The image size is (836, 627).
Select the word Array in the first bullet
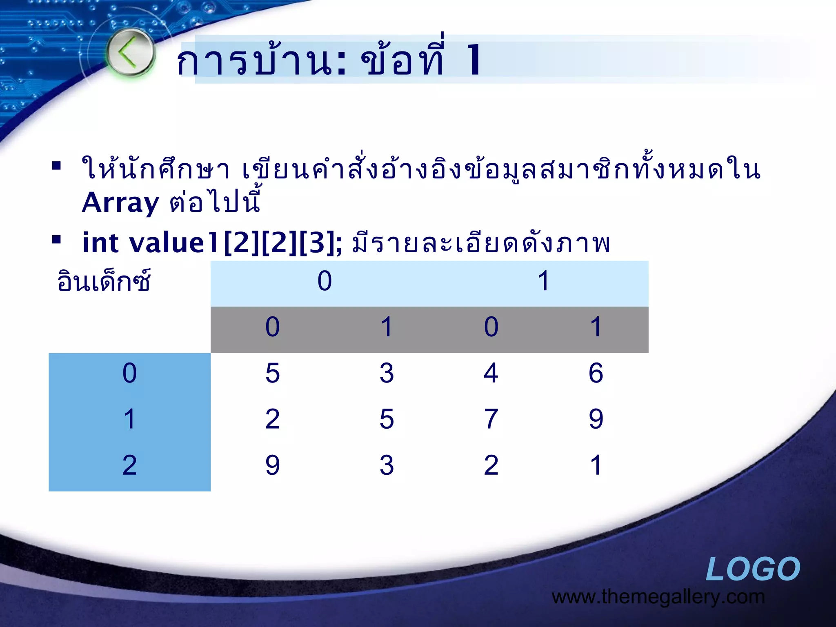[x=120, y=203]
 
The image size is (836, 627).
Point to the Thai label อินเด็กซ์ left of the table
[x=104, y=282]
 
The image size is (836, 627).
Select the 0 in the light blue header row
[x=325, y=281]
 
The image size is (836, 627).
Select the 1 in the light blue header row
[x=543, y=281]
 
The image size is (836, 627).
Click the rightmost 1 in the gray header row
[x=596, y=327]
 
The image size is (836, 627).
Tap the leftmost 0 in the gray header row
[x=272, y=327]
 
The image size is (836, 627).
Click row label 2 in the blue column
[x=129, y=465]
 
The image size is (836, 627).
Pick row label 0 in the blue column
[x=129, y=373]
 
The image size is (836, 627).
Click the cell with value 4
[x=491, y=373]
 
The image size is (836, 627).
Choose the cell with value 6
[x=596, y=373]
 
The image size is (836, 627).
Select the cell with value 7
[x=491, y=419]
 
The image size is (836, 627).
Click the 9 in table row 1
[x=596, y=419]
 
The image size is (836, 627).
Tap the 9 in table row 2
[x=272, y=465]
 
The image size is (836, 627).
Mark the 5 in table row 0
[x=272, y=373]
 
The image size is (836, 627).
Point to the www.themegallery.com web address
[x=658, y=597]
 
